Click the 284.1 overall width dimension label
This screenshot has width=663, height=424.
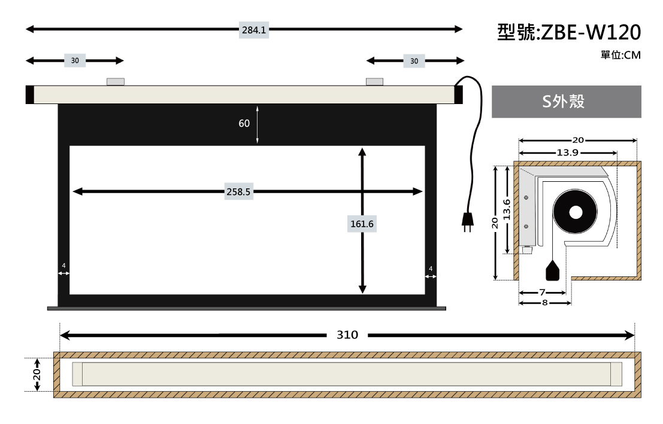(x=254, y=30)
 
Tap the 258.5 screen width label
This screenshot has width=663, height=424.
(x=238, y=192)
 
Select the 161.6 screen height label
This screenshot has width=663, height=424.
(x=362, y=224)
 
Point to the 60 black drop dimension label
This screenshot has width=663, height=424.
(x=244, y=123)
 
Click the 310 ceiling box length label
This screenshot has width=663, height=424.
(x=347, y=335)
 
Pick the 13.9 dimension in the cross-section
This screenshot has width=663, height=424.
(x=567, y=152)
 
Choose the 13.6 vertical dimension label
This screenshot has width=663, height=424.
(x=507, y=209)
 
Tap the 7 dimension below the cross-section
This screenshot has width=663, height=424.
(x=542, y=292)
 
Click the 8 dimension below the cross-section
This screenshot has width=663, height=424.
(x=544, y=303)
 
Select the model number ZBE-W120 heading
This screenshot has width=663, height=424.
(x=569, y=32)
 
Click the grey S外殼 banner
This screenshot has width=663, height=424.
(x=566, y=101)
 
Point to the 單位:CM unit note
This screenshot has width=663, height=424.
(x=620, y=56)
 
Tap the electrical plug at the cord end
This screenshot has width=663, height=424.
(x=467, y=221)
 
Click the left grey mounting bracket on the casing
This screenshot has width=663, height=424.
(x=116, y=81)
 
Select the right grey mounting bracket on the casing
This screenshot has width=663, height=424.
(x=375, y=81)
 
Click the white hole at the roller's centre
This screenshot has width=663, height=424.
(x=576, y=212)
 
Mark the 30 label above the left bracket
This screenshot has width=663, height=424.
(x=75, y=61)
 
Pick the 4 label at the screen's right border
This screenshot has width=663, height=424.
(x=431, y=269)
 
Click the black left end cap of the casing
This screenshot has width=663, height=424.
(x=29, y=94)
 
